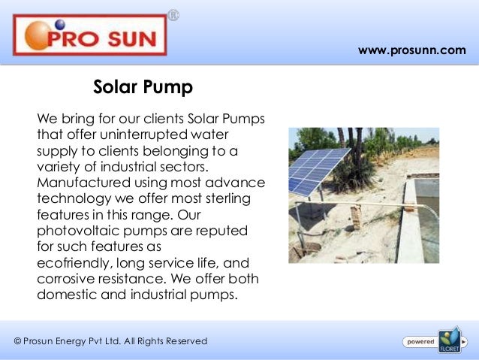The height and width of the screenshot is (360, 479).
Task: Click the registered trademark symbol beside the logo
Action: tap(173, 15)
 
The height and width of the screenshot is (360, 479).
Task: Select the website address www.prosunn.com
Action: tap(411, 50)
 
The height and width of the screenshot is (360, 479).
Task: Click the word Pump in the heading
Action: tap(170, 88)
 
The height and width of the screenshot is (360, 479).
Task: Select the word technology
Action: tap(74, 198)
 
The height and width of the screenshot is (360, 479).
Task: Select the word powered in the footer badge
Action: tap(420, 341)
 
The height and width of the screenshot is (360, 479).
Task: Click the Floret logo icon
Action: tap(449, 340)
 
